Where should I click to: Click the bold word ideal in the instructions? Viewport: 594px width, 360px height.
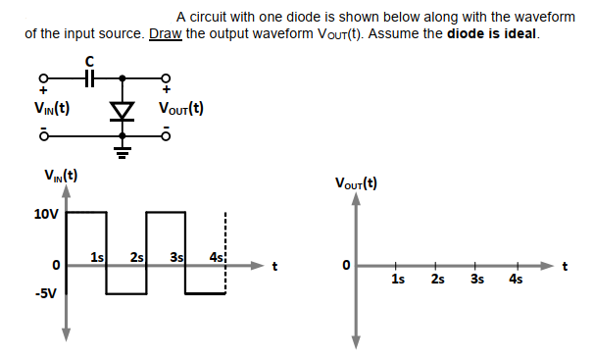pyautogui.click(x=518, y=34)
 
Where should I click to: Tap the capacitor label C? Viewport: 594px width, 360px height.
pyautogui.click(x=89, y=60)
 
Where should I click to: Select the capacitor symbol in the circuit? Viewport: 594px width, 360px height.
pyautogui.click(x=89, y=77)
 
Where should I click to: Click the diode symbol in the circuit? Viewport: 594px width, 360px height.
pyautogui.click(x=122, y=111)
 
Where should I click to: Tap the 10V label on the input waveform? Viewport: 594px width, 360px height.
pyautogui.click(x=46, y=212)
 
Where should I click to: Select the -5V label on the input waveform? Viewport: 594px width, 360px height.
pyautogui.click(x=45, y=293)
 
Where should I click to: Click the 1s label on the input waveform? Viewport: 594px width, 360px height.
pyautogui.click(x=97, y=257)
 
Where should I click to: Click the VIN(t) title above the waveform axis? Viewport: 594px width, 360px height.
pyautogui.click(x=61, y=177)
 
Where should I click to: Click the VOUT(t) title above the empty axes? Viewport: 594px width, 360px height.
pyautogui.click(x=356, y=182)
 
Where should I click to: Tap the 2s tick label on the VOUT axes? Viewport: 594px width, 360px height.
pyautogui.click(x=437, y=279)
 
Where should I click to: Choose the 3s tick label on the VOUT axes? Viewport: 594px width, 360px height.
pyautogui.click(x=476, y=279)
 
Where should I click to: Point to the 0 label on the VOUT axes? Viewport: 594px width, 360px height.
pyautogui.click(x=344, y=266)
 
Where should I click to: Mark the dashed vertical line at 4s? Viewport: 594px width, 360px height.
pyautogui.click(x=226, y=250)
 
